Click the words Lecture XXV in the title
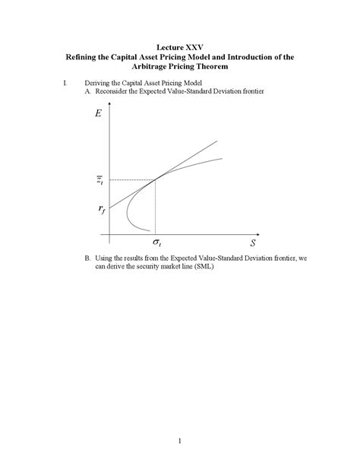tap(179, 46)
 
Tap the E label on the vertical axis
tap(99, 114)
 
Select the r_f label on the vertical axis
tap(101, 210)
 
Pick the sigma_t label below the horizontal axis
tap(156, 243)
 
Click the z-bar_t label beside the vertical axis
tap(100, 180)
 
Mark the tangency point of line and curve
tap(156, 179)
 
